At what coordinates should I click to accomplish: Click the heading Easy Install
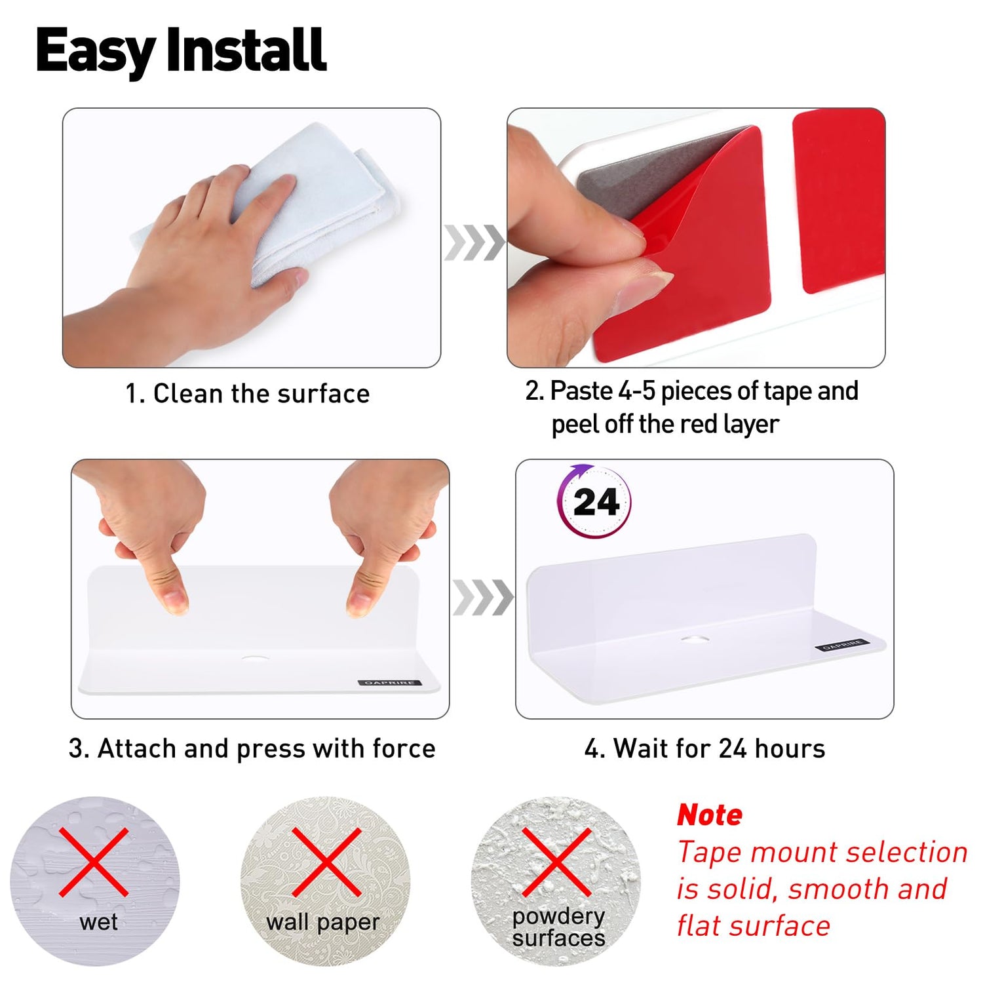click(181, 51)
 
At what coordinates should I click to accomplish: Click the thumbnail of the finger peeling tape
click(696, 238)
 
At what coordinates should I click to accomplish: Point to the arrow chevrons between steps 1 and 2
click(474, 242)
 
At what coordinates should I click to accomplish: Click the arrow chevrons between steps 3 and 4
click(483, 598)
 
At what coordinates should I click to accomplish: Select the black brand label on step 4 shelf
click(843, 645)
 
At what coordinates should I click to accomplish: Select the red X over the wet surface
click(94, 862)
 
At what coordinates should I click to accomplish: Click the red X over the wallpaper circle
click(326, 862)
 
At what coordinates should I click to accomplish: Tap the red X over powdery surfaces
click(557, 862)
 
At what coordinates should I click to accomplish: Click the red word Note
click(710, 815)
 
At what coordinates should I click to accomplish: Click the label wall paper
click(322, 923)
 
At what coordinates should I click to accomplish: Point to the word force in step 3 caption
click(404, 748)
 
